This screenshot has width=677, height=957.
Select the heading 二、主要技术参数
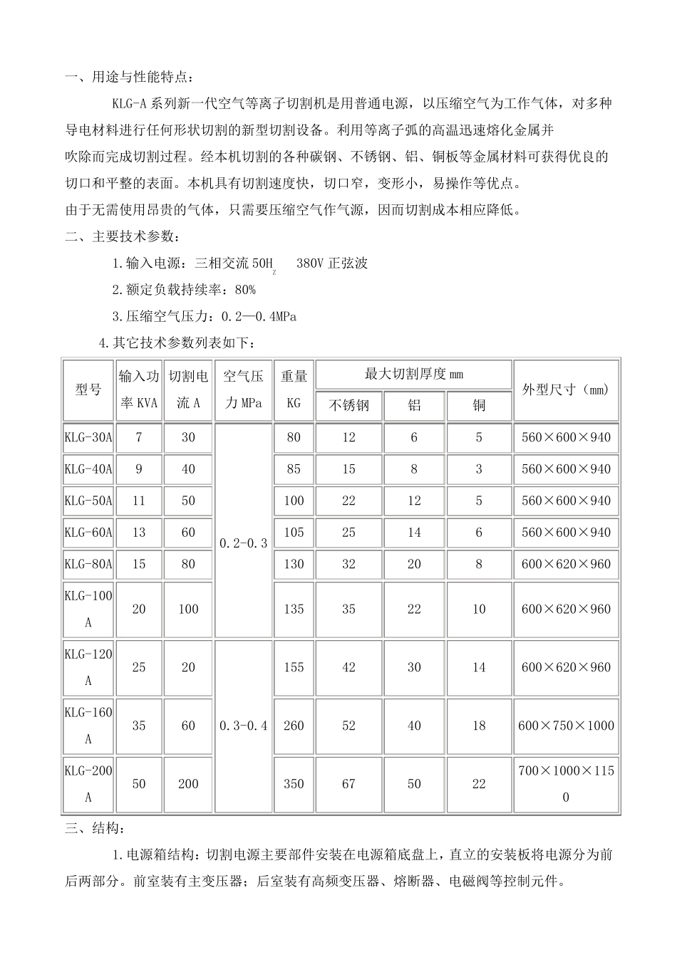pos(118,236)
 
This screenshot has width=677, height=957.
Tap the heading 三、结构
pos(96,829)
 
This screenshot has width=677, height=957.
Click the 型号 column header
pos(88,390)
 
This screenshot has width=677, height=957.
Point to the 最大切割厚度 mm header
pos(413,374)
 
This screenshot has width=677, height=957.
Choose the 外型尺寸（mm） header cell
pos(566,390)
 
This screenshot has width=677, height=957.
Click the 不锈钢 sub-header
pos(348,406)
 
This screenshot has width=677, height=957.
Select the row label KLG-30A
pos(88,437)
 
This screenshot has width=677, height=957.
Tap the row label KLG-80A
pos(88,564)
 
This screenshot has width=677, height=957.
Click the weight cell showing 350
pos(294,784)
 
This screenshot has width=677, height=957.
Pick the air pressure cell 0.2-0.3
pos(243,543)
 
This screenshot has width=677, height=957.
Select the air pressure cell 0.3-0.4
pos(243,726)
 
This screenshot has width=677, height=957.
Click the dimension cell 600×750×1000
pos(566,726)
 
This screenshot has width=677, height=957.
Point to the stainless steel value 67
pos(348,784)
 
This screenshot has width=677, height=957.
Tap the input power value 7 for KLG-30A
pos(139,437)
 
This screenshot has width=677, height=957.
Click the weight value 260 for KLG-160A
pos(294,726)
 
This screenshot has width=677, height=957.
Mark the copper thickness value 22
pos(479,784)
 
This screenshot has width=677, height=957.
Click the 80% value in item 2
pos(244,290)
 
